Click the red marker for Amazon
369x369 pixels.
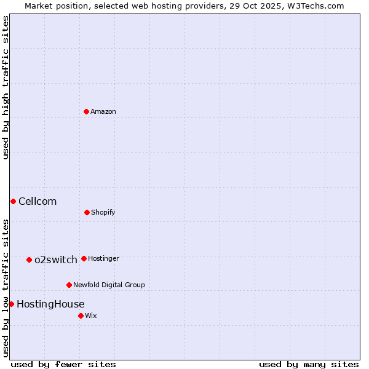pos(86,111)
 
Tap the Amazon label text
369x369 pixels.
pos(103,112)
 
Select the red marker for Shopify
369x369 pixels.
pos(87,212)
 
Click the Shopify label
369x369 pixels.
pos(103,213)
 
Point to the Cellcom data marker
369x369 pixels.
pos(13,201)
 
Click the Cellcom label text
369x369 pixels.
pos(38,202)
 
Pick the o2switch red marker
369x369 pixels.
pos(29,260)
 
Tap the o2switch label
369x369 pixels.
pos(56,260)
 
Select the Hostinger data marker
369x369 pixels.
pos(84,258)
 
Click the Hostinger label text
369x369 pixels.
pos(103,259)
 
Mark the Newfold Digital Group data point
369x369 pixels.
pos(69,285)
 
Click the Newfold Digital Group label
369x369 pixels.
pos(109,285)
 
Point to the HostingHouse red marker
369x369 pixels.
pos(11,304)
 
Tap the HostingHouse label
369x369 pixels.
pos(50,304)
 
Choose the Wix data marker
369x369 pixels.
pos(81,315)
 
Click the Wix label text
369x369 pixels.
pos(91,316)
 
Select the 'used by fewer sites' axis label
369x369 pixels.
pos(63,364)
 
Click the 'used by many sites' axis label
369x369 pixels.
pos(309,364)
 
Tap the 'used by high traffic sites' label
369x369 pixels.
pos(6,88)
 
